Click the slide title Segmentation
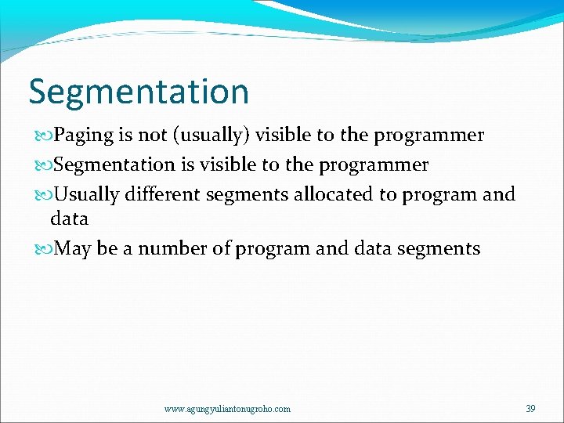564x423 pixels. coord(139,92)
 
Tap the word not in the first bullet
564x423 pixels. coord(151,136)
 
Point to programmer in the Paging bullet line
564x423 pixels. coord(428,136)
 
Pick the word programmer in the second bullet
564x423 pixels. coord(374,164)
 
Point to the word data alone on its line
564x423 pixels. coord(69,219)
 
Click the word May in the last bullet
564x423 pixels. coord(73,249)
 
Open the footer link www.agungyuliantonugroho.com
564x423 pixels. coord(227,409)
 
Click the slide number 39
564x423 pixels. coord(530,409)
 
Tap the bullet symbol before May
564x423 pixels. coord(42,250)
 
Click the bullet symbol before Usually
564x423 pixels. coord(42,194)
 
